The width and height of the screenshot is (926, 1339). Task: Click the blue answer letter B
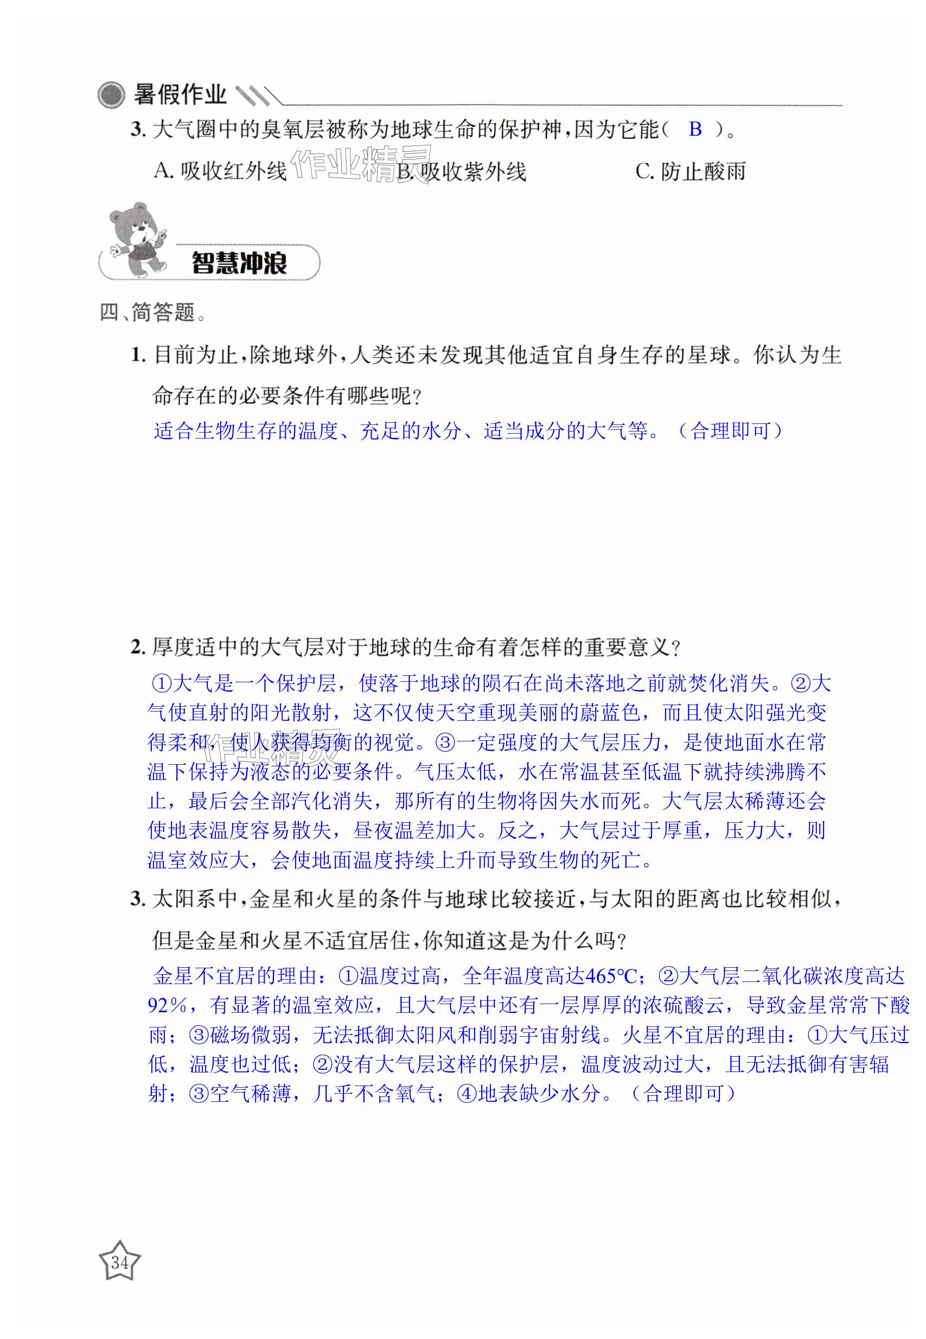(695, 129)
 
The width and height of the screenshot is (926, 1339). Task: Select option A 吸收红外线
(220, 171)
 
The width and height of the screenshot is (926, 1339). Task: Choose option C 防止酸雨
(691, 171)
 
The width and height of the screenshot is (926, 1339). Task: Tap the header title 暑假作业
(180, 94)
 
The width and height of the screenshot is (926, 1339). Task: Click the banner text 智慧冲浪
(239, 263)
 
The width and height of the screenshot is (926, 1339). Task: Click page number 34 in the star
(119, 1262)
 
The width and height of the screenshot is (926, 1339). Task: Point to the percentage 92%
(167, 1006)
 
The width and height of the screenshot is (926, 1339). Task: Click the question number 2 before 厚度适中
(137, 647)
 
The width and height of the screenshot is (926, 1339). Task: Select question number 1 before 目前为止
(137, 354)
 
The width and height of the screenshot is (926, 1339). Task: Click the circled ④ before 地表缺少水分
(467, 1094)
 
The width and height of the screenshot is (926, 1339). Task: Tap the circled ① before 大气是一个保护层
(162, 684)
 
